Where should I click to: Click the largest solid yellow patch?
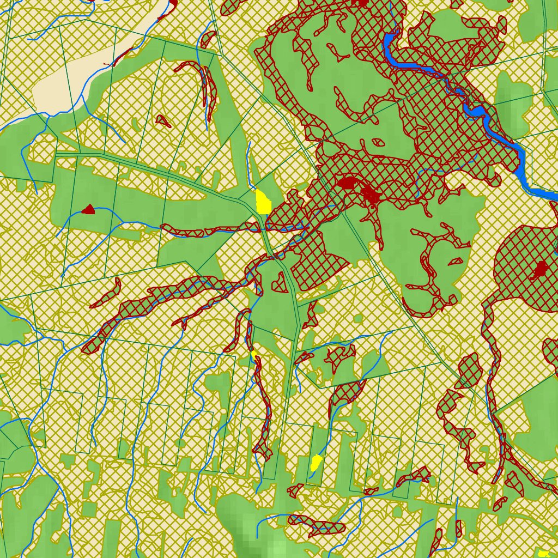[x=263, y=202]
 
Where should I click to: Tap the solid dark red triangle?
[x=89, y=209]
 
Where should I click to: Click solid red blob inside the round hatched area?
[x=540, y=269]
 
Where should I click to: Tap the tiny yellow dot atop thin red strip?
[x=254, y=354]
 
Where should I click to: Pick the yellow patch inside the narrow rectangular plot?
[x=316, y=463]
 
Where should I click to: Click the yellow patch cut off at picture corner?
[x=544, y=553]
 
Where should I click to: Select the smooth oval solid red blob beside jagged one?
[x=347, y=183]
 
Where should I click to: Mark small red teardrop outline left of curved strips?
[x=163, y=120]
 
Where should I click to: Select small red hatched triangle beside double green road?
[x=280, y=282]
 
